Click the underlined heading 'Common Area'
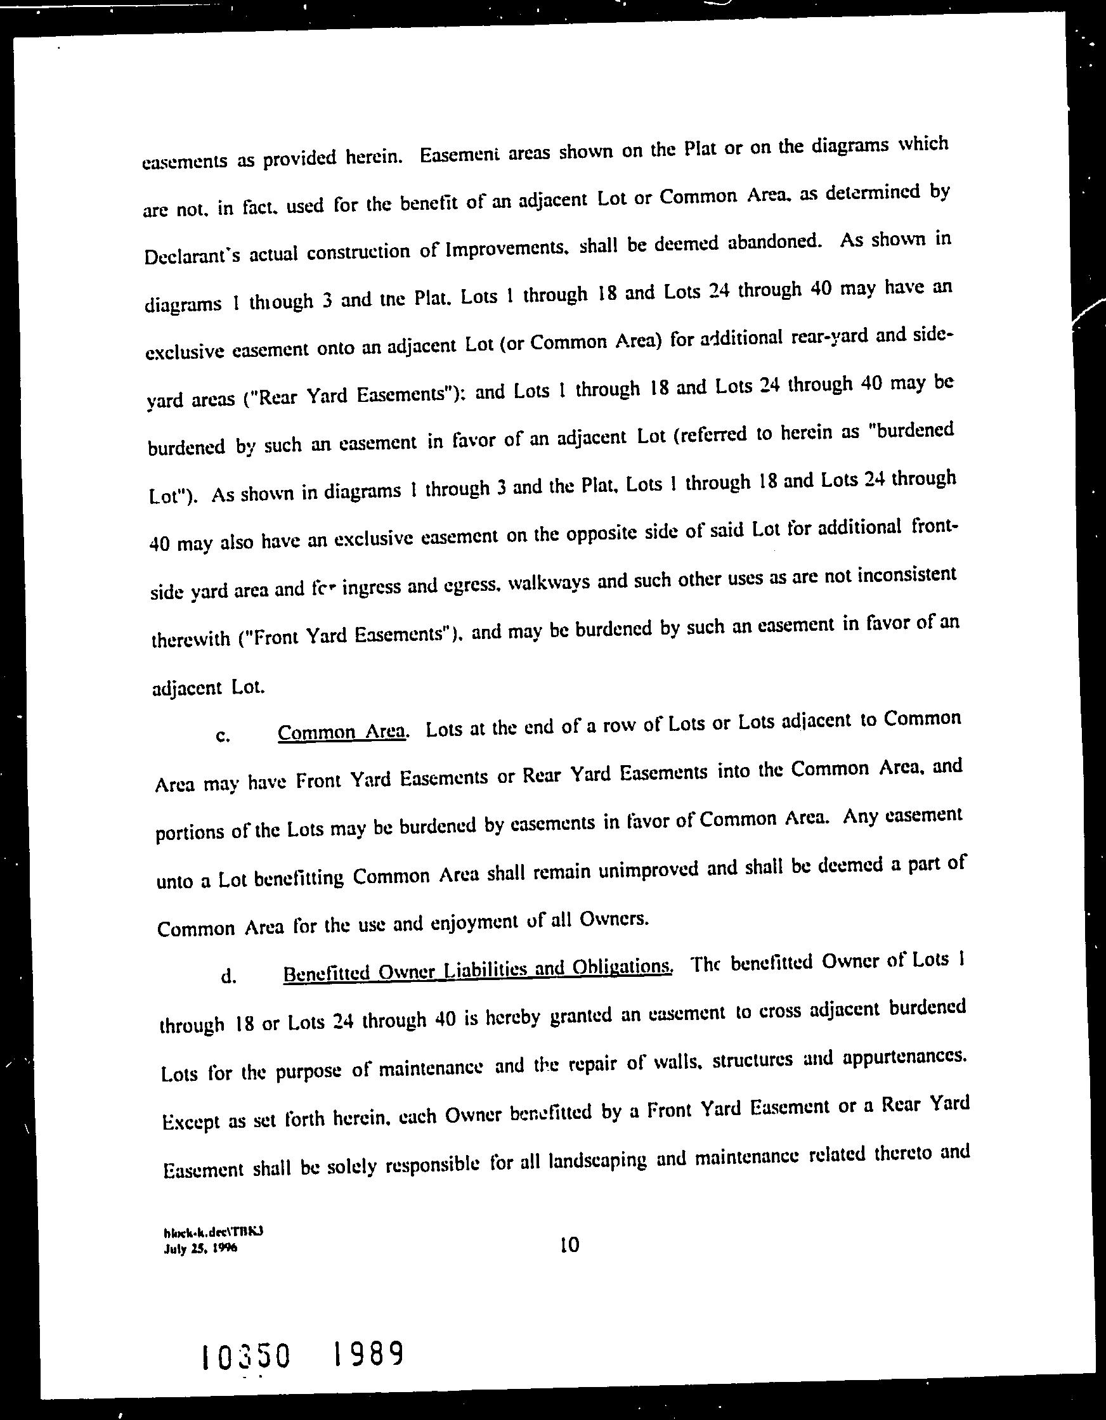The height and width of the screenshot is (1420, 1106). tap(342, 732)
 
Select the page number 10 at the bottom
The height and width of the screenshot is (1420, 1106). tap(569, 1245)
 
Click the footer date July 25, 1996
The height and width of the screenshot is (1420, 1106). tap(201, 1249)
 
